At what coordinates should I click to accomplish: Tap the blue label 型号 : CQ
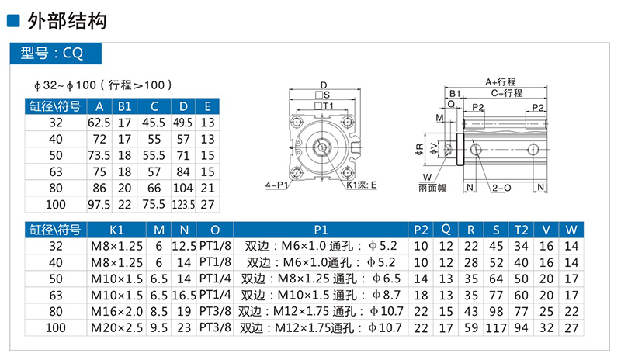[x=52, y=54]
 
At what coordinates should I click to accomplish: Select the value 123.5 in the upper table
[x=182, y=204]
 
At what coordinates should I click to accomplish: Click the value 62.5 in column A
[x=99, y=123]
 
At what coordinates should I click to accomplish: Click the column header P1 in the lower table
[x=321, y=230]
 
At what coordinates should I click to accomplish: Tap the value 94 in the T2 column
[x=521, y=328]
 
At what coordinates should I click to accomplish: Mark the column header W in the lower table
[x=571, y=230]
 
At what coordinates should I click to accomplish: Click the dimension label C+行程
[x=505, y=92]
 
